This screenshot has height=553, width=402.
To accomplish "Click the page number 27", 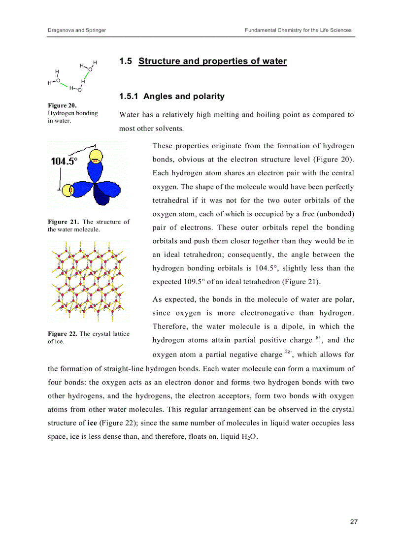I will click(354, 522).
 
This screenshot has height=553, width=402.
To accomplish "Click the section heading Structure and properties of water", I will click(212, 61).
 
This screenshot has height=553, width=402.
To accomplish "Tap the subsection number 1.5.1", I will click(129, 97).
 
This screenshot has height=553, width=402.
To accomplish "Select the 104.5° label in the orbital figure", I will click(64, 162).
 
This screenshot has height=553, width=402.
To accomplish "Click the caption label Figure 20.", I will click(62, 105).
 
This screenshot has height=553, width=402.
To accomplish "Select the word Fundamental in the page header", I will click(261, 30).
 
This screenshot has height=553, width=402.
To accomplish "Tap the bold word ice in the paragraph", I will click(92, 423).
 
